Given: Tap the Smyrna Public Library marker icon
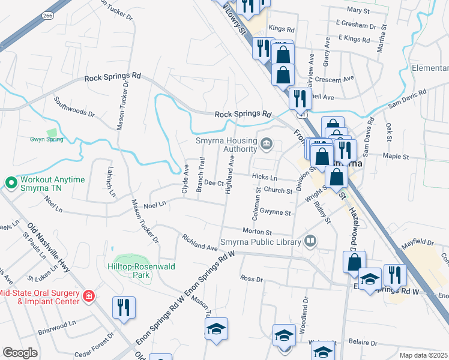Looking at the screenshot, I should coord(310,242).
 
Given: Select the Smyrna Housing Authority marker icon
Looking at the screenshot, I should coord(267,143).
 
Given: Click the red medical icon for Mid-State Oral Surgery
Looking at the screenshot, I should coord(88,296).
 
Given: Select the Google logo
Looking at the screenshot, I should coord(20,352).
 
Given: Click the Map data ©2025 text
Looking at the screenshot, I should coord(423,355).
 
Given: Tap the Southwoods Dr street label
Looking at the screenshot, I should coord(74,106).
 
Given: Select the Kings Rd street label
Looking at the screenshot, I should coord(282,29).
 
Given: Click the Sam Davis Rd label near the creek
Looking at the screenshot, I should coord(407,97).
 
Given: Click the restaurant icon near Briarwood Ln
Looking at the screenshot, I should coord(124,307).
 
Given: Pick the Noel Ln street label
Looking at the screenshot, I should coord(154,205).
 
